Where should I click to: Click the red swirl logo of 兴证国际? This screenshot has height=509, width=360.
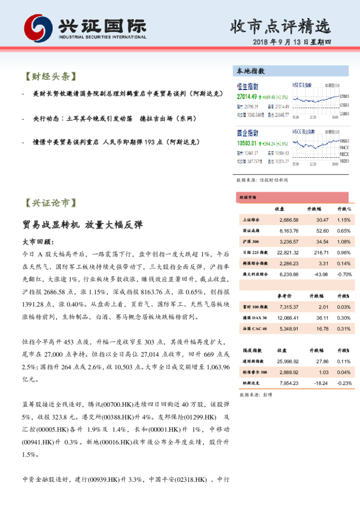tap(38, 28)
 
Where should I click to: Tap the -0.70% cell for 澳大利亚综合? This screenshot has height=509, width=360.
tap(343, 274)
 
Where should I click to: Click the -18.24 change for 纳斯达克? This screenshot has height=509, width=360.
tap(319, 382)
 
